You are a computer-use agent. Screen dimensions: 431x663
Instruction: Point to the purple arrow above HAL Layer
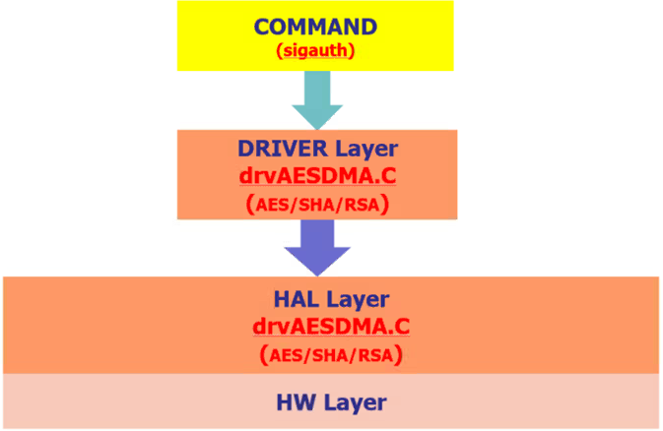pyautogui.click(x=317, y=247)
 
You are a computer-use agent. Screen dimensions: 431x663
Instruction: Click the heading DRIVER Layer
pyautogui.click(x=316, y=150)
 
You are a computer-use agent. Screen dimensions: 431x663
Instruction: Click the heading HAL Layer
pyautogui.click(x=330, y=298)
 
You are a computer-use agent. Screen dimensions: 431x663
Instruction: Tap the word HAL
pyautogui.click(x=297, y=298)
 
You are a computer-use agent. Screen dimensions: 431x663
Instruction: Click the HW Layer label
pyautogui.click(x=330, y=401)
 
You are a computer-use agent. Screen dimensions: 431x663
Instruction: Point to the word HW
pyautogui.click(x=294, y=401)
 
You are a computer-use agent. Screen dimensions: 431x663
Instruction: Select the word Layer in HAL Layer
pyautogui.click(x=356, y=298)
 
